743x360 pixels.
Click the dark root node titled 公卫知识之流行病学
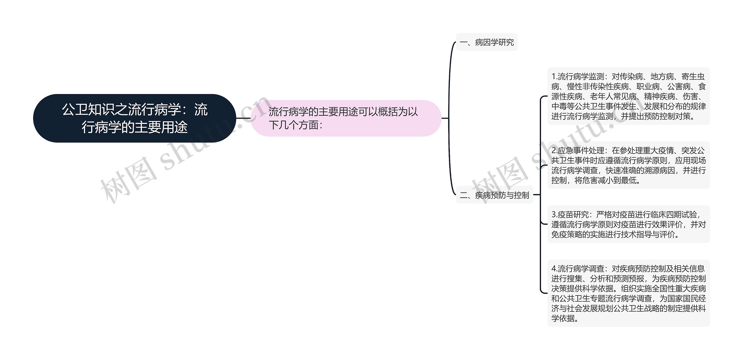click(x=134, y=118)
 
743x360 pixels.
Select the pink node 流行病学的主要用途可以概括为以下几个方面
click(x=345, y=118)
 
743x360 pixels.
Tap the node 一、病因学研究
click(x=487, y=42)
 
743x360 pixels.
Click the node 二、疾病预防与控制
click(x=495, y=195)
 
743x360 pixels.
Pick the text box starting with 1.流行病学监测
click(x=628, y=96)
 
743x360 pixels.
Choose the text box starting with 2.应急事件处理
click(x=628, y=165)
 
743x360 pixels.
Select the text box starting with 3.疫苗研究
click(x=628, y=224)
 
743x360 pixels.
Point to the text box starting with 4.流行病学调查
click(x=628, y=293)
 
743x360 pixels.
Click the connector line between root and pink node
click(x=243, y=118)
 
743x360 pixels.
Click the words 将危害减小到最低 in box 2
click(x=605, y=181)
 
